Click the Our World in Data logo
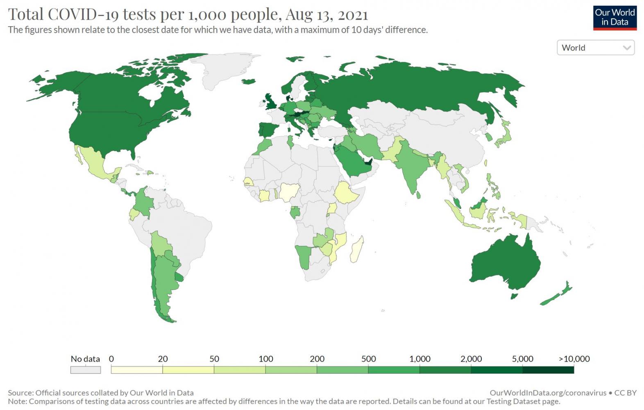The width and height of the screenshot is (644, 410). (615, 18)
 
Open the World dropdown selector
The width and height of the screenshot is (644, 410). (595, 48)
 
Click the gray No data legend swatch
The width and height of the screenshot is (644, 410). (85, 370)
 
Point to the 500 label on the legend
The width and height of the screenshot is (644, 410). (368, 359)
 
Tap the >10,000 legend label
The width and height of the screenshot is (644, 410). (574, 359)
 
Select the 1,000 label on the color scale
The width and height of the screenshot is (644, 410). (420, 359)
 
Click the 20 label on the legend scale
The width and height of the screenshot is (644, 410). (163, 359)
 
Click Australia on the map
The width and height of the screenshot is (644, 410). (506, 262)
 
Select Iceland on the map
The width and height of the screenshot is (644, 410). (248, 81)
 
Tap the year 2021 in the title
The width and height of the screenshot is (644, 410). (353, 14)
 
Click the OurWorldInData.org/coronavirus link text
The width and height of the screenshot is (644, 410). (548, 393)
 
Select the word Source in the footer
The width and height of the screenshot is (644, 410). (20, 393)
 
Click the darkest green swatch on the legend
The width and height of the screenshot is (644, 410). (548, 370)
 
